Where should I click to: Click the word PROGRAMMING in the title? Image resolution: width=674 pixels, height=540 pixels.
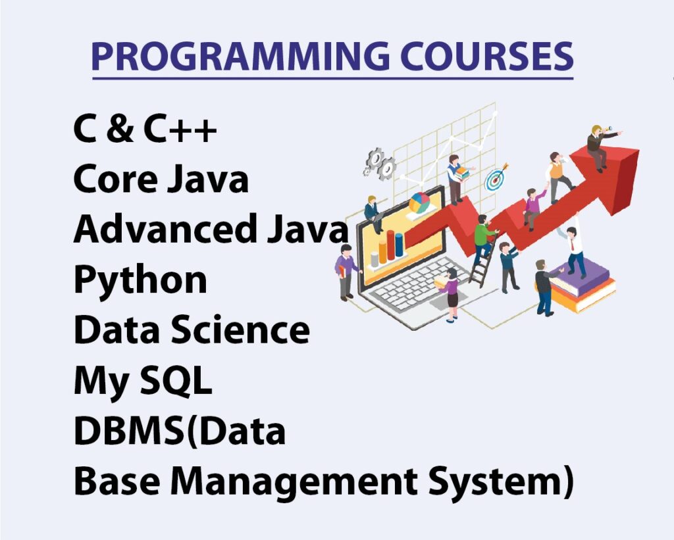click(x=241, y=57)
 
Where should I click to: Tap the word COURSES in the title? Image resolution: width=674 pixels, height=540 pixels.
click(x=487, y=57)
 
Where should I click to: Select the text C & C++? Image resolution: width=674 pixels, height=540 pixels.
click(x=145, y=128)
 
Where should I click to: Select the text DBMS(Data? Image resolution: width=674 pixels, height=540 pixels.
click(x=180, y=431)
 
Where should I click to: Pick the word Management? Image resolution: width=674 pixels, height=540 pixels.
click(x=294, y=482)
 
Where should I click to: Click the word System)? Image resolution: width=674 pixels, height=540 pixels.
click(x=501, y=482)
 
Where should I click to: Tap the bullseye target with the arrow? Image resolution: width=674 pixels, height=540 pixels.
click(x=496, y=178)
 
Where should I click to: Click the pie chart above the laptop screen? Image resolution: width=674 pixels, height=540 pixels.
click(x=420, y=202)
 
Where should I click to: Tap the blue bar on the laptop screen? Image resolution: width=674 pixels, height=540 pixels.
click(x=399, y=245)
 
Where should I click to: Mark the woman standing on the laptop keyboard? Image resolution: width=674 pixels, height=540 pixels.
click(x=450, y=293)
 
